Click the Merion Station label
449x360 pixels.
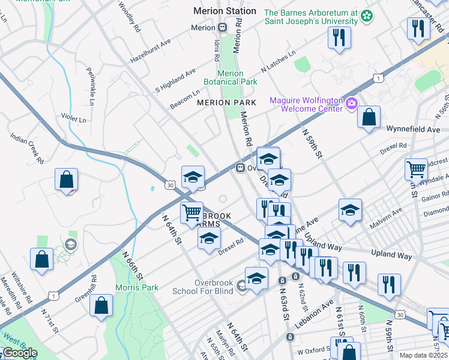(224, 11)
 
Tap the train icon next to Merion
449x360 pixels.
(222, 28)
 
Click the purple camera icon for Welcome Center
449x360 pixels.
(351, 104)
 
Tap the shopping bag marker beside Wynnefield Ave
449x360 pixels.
(369, 117)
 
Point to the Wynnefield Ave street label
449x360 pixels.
(413, 129)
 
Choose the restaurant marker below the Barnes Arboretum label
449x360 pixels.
(339, 38)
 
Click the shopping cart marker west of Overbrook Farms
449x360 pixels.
(191, 212)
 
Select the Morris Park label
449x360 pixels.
(137, 287)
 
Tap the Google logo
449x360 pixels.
(19, 353)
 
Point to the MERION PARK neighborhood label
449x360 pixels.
(227, 103)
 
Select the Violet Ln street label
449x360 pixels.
(73, 118)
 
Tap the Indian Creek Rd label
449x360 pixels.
(27, 149)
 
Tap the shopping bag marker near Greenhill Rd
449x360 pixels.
(101, 305)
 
